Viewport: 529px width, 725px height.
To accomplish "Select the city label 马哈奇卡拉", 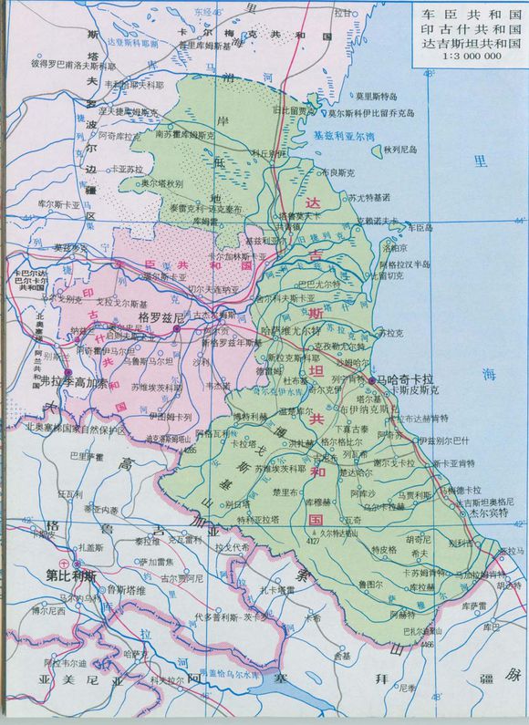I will point(406,377).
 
